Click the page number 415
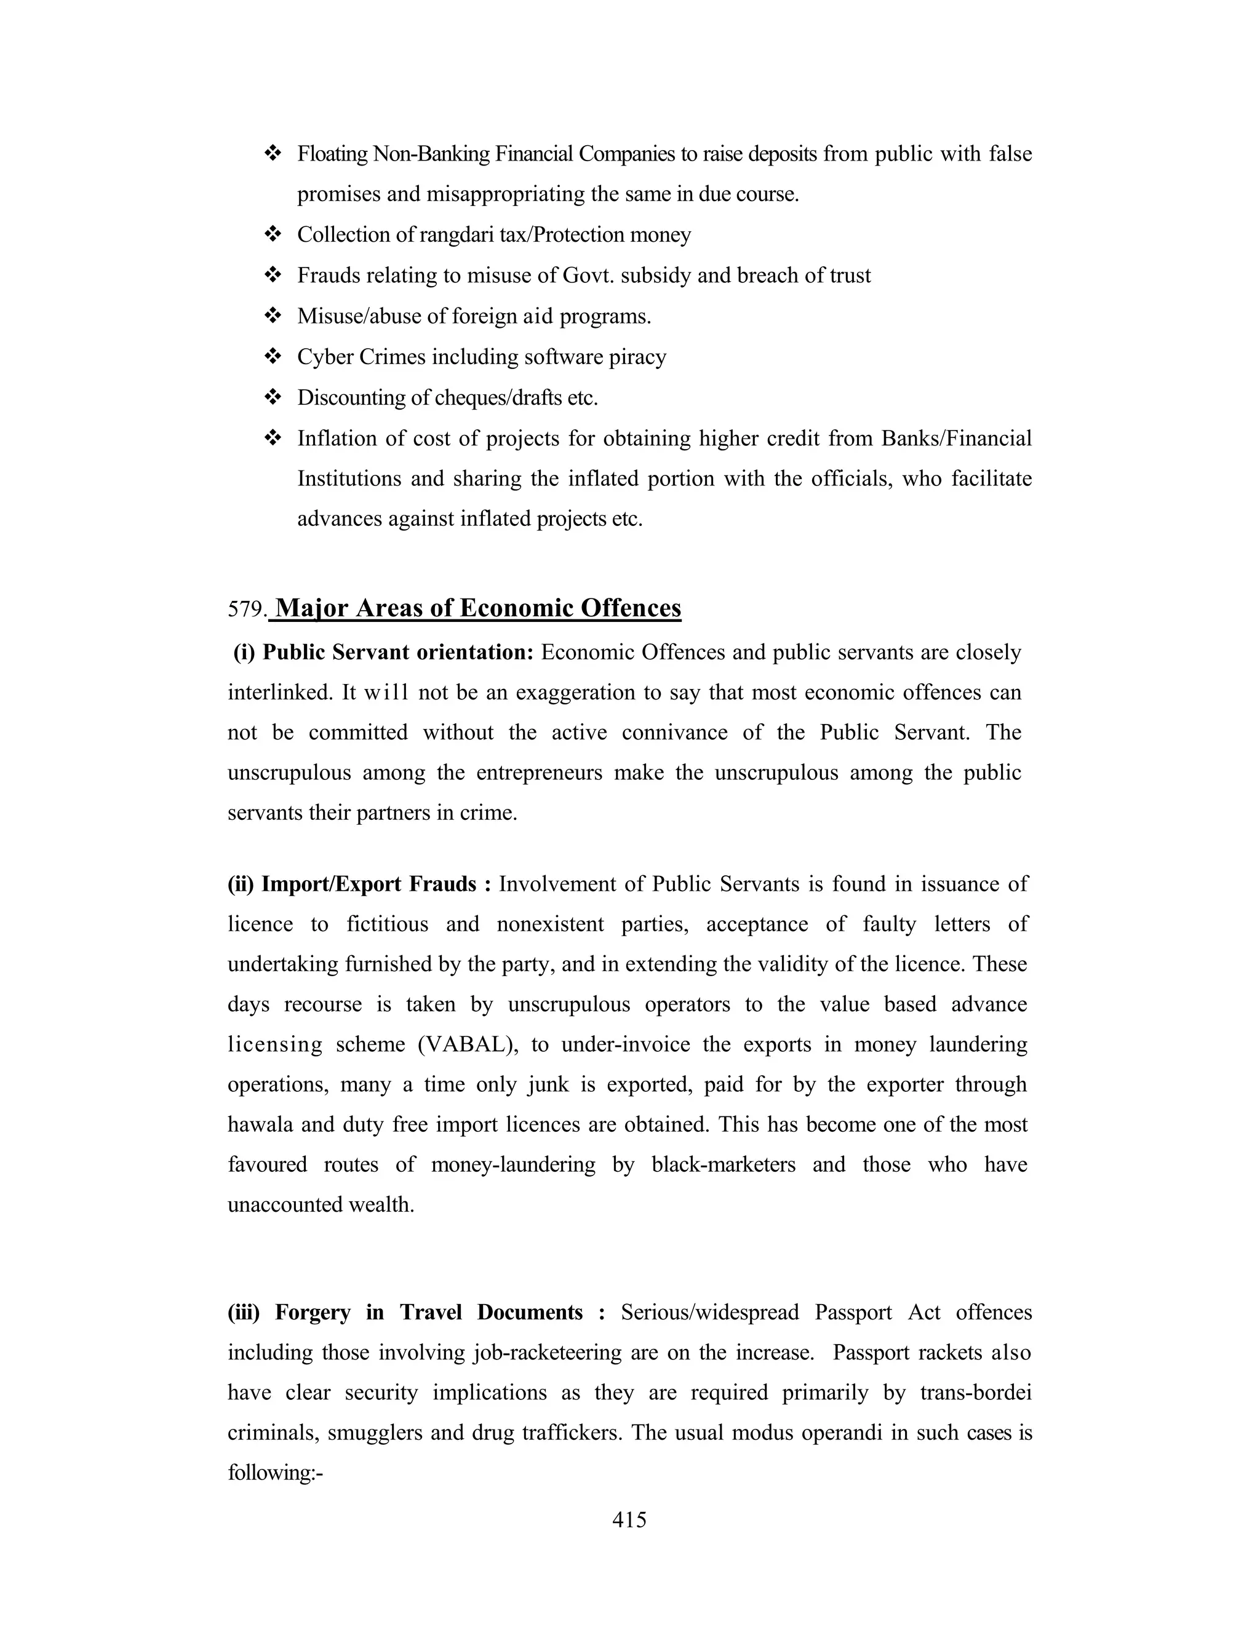tap(629, 1519)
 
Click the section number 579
tap(245, 610)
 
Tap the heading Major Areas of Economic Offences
tap(477, 608)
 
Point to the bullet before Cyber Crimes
tap(273, 357)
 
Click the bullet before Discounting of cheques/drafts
tap(273, 397)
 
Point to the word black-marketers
tap(724, 1164)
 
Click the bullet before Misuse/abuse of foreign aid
tap(273, 316)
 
